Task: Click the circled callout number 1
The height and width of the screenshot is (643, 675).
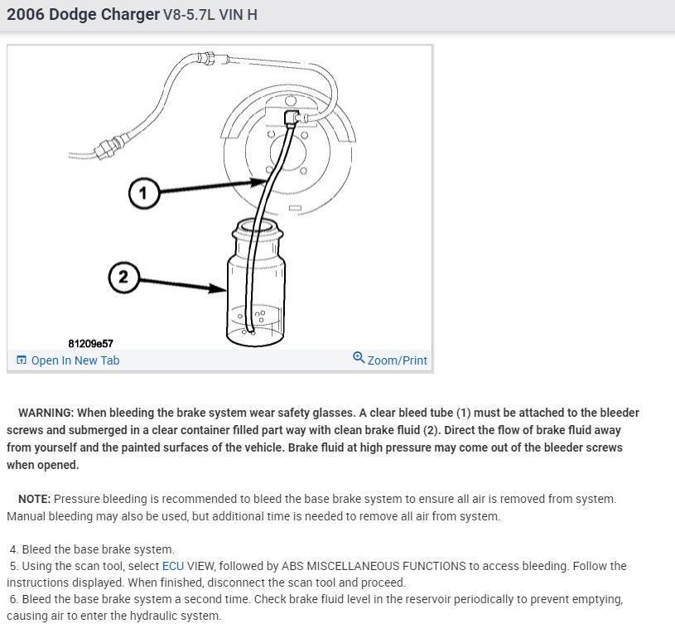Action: click(142, 193)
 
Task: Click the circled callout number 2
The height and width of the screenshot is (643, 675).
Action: click(123, 277)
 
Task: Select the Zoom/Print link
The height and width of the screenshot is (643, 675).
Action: click(397, 360)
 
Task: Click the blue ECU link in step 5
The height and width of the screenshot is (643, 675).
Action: click(172, 566)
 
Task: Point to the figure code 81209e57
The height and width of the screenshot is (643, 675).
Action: click(90, 343)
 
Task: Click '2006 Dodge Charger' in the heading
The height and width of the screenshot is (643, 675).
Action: click(84, 15)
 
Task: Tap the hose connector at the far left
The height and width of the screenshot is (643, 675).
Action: click(104, 150)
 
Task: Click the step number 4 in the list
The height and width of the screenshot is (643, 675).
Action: click(14, 549)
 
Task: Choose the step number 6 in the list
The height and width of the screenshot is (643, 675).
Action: click(14, 599)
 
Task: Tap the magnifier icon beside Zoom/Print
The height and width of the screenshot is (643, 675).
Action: click(359, 358)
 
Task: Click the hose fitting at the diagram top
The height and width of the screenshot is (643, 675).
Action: click(208, 57)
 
